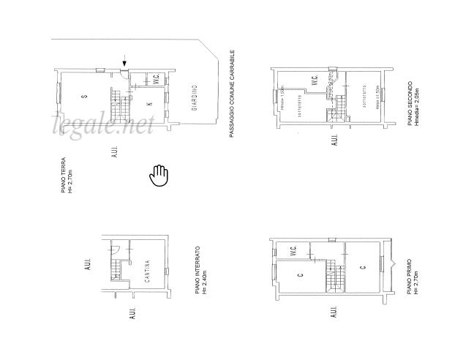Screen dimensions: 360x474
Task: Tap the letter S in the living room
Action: point(85,97)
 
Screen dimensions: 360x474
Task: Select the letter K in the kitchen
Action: point(149,105)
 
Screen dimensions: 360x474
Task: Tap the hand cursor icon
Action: point(159,175)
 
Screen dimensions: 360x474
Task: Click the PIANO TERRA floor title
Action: point(66,175)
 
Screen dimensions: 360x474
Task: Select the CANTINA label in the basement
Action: point(148,271)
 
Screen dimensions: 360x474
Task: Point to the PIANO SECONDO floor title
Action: point(413,102)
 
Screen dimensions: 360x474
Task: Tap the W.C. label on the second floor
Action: point(313,83)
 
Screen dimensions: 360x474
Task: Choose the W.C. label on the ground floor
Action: point(157,80)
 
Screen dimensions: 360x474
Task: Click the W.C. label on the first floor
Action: point(293,250)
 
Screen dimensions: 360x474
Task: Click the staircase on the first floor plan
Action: point(334,276)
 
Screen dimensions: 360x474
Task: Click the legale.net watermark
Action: point(102,126)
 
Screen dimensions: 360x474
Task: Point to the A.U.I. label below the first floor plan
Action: point(334,313)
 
